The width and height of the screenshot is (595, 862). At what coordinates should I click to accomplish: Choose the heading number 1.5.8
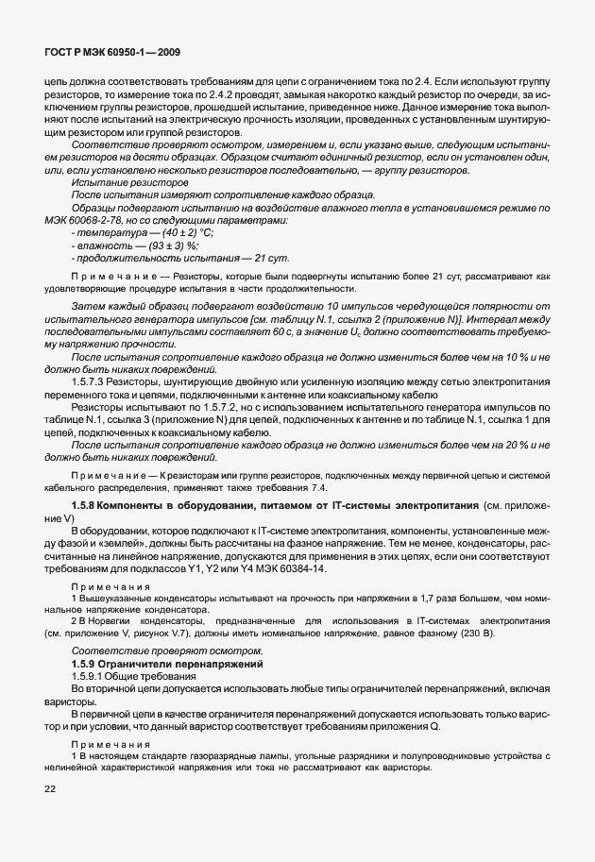88,507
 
